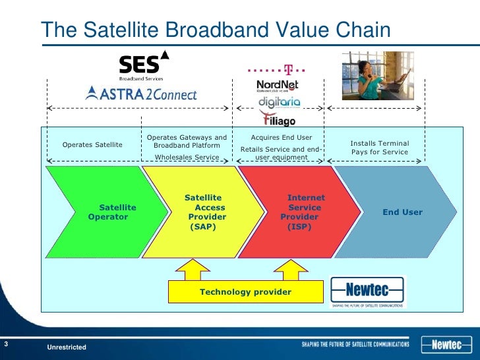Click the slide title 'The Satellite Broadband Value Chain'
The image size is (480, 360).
coord(216,30)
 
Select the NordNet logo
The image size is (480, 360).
coord(278,86)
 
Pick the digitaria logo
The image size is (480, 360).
coord(279,102)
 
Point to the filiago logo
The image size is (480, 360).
coord(278,119)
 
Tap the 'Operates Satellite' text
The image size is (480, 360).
coord(92,145)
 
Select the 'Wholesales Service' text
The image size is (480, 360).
coord(187,158)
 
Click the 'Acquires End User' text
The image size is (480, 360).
coord(282,137)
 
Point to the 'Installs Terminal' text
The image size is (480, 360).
coord(379,143)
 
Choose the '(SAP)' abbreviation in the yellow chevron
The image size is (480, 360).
coord(203,226)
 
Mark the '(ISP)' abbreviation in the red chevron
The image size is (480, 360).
coord(299,226)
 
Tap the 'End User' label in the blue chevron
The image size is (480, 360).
coord(402,212)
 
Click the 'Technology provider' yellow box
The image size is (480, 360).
coord(245,291)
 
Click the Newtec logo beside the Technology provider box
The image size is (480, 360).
coord(367,291)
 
